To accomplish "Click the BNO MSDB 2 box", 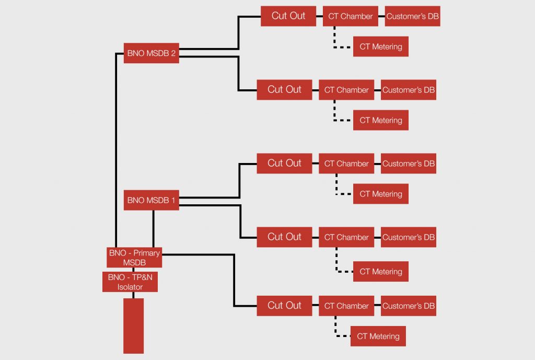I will tap(151, 53).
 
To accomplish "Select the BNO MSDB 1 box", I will tap(151, 200).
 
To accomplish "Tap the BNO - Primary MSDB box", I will tap(134, 258).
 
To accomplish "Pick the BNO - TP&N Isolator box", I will tap(130, 282).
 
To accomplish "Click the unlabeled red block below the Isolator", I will tap(133, 326).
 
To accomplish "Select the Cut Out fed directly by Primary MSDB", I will tap(284, 306).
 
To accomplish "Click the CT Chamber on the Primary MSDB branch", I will tap(346, 306).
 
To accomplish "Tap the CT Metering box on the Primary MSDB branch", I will tap(378, 336).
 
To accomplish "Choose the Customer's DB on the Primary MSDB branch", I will tap(408, 306).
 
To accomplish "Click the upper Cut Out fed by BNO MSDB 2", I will tap(288, 16).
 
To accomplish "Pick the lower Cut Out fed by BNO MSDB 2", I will tap(284, 90).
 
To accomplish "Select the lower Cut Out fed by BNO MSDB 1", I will tap(284, 237).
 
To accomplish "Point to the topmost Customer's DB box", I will tap(412, 16).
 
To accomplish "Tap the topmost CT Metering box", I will tap(380, 47).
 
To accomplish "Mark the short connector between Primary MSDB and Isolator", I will tap(134, 270).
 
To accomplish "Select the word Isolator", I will tap(130, 286).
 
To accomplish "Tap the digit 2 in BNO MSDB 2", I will tap(172, 53).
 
